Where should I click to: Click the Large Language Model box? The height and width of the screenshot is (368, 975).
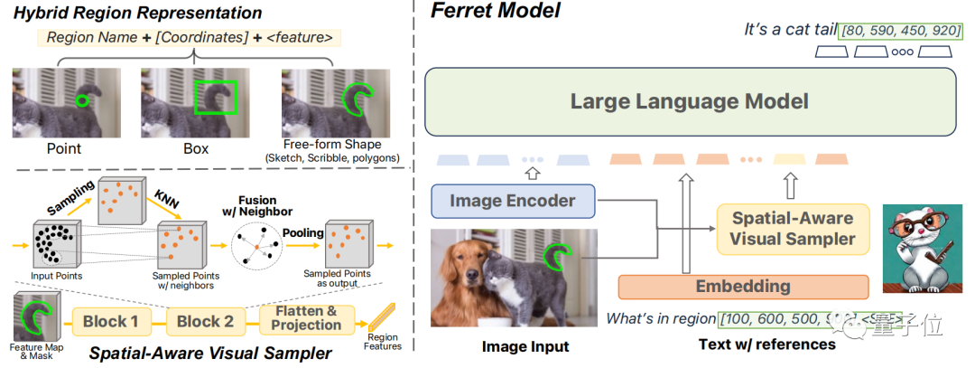[x=689, y=101]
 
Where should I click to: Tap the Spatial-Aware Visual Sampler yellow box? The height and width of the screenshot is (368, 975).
[x=793, y=228]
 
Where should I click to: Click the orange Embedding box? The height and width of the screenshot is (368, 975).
[x=742, y=287]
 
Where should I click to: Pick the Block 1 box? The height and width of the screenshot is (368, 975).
[x=111, y=321]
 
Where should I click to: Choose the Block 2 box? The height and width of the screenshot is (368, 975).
[x=205, y=321]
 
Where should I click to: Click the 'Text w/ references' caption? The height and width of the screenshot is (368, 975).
[x=766, y=344]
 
